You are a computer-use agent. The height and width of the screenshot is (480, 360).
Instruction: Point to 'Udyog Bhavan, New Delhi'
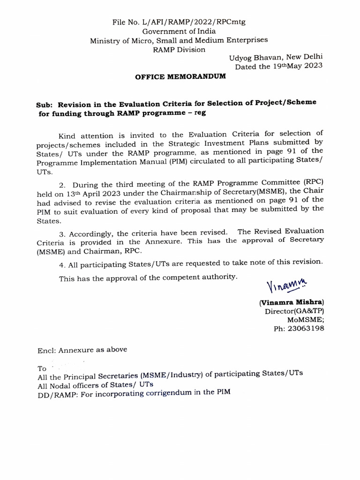(x=276, y=58)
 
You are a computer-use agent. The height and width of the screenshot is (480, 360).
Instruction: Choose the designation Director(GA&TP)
(x=294, y=311)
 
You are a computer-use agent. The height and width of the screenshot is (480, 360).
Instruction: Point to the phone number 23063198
(x=306, y=329)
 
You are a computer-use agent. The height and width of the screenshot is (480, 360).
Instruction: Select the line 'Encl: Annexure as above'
(x=82, y=350)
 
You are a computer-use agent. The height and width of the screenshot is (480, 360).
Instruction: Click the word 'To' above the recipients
(x=43, y=368)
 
